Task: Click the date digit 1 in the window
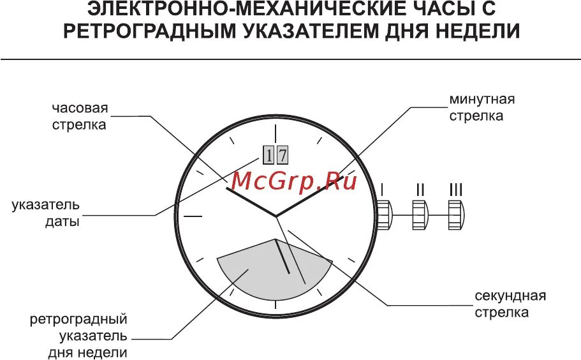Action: point(268,155)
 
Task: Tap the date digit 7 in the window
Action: point(282,155)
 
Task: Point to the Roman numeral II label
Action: point(420,190)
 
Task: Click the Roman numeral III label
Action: point(456,190)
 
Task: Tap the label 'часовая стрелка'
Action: point(80,116)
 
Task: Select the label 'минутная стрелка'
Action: point(482,108)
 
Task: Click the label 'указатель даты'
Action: point(45,214)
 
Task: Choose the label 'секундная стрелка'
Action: point(510,304)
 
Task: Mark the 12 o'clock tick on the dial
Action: point(276,133)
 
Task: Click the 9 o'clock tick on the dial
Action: point(193,216)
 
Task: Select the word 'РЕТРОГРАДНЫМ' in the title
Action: point(149,31)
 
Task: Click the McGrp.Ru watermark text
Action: point(293,181)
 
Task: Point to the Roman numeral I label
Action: point(382,190)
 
